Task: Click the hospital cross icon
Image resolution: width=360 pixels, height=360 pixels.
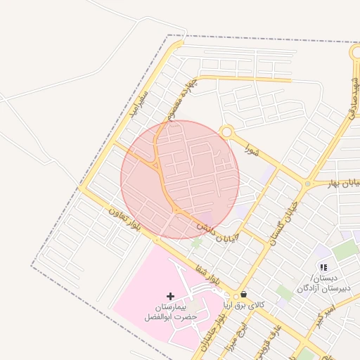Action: [x=170, y=296]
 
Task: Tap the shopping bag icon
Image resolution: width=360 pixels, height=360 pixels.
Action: [x=243, y=294]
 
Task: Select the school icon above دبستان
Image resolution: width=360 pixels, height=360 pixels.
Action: [x=323, y=267]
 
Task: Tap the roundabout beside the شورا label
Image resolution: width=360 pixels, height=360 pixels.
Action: [x=226, y=131]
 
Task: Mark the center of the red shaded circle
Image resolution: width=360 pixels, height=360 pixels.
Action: [x=180, y=179]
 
